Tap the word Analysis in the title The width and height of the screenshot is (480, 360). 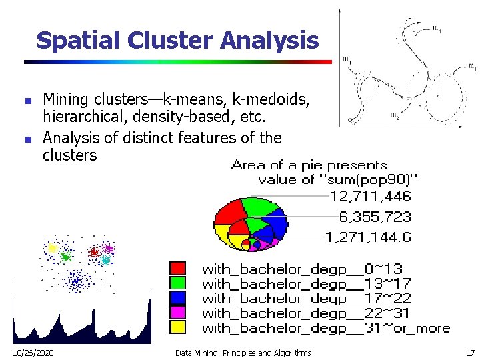click(269, 41)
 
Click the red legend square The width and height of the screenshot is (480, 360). click(178, 268)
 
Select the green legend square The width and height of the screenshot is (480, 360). click(178, 283)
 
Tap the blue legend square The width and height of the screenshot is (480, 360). click(178, 297)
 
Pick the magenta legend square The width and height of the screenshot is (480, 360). click(178, 312)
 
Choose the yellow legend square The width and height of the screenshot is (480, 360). click(178, 327)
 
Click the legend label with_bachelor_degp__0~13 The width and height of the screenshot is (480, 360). click(302, 269)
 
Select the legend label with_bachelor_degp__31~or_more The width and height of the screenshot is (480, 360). click(325, 327)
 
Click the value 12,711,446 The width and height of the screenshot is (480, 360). click(370, 197)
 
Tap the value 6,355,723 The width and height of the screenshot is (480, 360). click(375, 217)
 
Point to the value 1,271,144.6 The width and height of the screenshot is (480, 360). click(368, 237)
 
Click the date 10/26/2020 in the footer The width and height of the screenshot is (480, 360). click(33, 352)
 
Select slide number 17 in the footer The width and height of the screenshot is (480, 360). click(471, 352)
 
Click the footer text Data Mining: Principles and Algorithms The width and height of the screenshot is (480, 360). click(243, 352)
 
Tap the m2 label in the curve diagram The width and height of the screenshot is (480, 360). click(395, 115)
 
